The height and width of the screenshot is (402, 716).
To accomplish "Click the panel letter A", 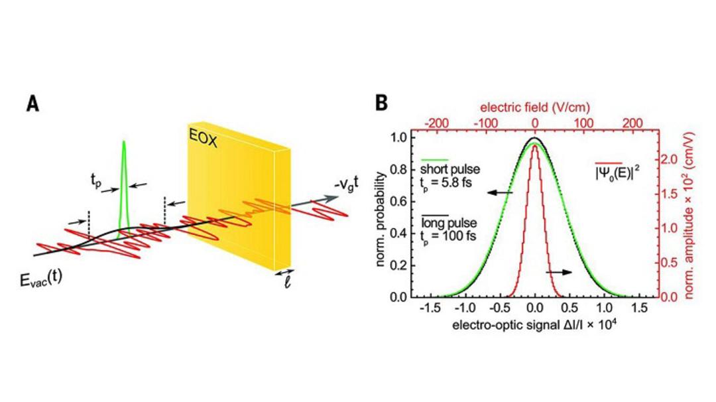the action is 33,104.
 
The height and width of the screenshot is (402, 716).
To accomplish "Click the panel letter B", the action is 381,103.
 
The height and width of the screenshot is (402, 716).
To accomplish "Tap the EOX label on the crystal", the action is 204,137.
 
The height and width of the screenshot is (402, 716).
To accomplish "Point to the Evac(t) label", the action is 41,278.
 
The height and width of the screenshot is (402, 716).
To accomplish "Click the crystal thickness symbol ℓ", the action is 287,283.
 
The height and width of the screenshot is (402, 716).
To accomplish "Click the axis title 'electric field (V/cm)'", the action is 535,107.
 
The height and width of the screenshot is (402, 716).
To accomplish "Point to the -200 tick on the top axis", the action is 436,123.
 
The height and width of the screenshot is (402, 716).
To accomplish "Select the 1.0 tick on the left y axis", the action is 400,137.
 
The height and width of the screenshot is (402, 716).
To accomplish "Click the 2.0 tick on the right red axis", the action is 673,159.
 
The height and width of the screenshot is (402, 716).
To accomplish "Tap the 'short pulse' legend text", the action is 450,169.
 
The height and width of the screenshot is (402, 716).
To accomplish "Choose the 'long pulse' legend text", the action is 449,224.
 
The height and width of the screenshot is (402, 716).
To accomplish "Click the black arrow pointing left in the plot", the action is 500,193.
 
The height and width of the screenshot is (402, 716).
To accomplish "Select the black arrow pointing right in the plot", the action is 558,272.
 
